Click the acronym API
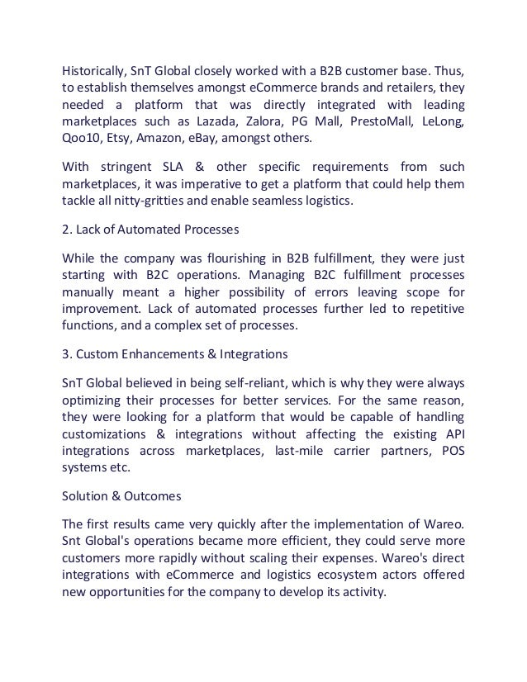(x=453, y=434)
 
